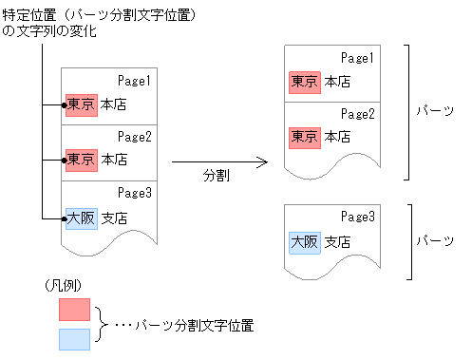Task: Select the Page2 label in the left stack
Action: click(x=136, y=135)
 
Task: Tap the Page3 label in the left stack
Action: click(x=136, y=193)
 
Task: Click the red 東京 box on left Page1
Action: click(x=81, y=104)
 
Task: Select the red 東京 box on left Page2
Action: click(x=81, y=159)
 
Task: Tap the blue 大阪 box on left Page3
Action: click(x=81, y=218)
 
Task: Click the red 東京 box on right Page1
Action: click(x=305, y=82)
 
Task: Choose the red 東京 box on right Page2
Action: click(x=305, y=137)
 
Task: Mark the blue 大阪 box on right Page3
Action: click(x=305, y=241)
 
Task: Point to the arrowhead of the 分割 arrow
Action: click(x=265, y=162)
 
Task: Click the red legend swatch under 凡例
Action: click(x=74, y=309)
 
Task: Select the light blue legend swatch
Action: click(x=74, y=338)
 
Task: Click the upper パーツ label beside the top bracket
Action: click(x=434, y=111)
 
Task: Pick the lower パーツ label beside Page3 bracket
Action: click(x=434, y=241)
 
